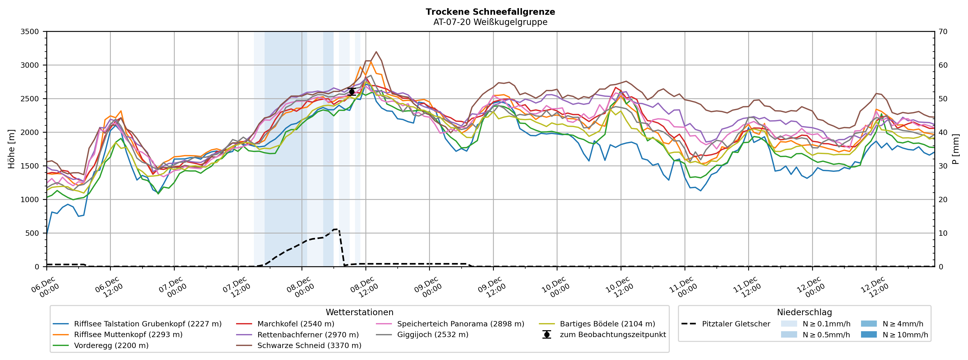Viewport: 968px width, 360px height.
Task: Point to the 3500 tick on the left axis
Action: pos(30,32)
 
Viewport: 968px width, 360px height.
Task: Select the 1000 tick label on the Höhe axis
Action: pos(30,200)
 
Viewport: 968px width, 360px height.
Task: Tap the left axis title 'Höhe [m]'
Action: pos(11,149)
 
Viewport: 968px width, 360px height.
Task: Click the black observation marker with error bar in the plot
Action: pos(352,92)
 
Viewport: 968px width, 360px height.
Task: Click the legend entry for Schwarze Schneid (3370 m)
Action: pos(309,345)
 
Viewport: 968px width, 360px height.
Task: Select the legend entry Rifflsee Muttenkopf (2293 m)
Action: pos(128,335)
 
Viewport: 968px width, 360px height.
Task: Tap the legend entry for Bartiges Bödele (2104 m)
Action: pos(607,324)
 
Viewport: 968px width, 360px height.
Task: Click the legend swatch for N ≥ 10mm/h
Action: pos(868,335)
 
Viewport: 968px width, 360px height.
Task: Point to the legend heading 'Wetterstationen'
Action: pos(359,312)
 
